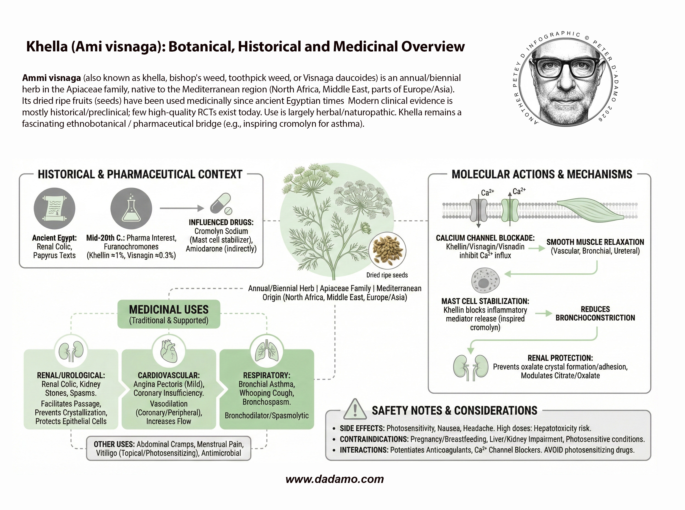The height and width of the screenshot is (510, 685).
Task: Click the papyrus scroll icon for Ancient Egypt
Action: pos(54,208)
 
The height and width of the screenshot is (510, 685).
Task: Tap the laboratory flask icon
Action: pos(131,208)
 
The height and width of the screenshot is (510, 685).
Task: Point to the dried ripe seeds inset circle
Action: pos(387,251)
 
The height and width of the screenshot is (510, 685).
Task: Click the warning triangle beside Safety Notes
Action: pos(355,409)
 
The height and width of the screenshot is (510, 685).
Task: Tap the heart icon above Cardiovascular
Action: pos(169,351)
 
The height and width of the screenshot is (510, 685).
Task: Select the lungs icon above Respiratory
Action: pos(267,351)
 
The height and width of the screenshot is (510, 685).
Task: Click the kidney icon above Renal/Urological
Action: pos(71,351)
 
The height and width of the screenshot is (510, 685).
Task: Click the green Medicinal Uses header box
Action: pos(169,314)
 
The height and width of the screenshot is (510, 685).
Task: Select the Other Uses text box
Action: pos(169,449)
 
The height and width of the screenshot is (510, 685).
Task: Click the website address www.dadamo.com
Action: pos(334,479)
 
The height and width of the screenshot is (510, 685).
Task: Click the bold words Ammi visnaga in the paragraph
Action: pos(51,78)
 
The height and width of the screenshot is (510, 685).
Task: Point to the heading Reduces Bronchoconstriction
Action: pos(595,313)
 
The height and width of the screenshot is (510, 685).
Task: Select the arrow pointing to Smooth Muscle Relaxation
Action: pos(537,248)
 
